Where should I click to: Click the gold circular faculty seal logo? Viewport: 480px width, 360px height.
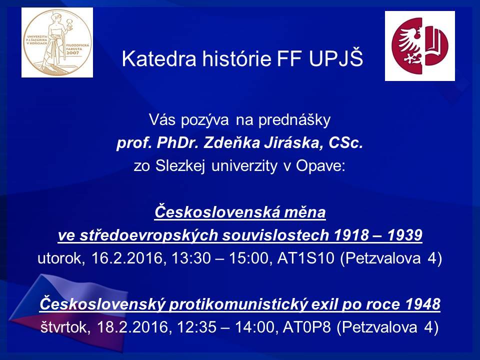click(x=57, y=42)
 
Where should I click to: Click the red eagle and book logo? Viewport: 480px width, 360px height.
click(x=419, y=46)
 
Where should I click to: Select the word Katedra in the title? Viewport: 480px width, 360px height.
click(x=159, y=58)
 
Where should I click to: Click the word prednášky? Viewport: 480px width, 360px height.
click(x=294, y=119)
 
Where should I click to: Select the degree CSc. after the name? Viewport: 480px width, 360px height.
click(x=346, y=143)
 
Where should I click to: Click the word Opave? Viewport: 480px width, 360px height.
click(x=320, y=166)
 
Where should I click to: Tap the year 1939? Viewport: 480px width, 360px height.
click(x=404, y=235)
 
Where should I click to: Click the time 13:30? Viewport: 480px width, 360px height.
click(x=191, y=258)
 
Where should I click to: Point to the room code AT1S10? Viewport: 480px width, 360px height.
click(x=305, y=258)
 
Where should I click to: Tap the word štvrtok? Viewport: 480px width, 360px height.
click(x=65, y=327)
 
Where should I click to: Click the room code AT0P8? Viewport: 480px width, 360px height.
click(x=306, y=327)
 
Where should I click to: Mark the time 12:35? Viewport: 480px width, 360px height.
click(x=196, y=327)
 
